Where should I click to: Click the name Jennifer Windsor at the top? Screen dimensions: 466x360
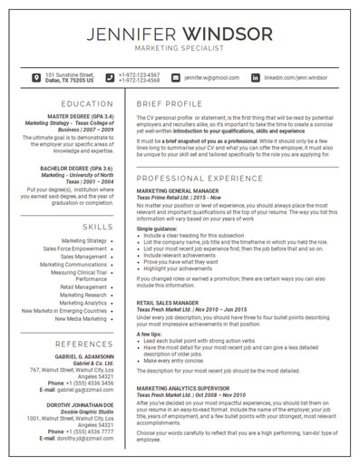tap(180, 34)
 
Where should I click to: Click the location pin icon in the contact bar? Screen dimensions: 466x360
tap(35, 78)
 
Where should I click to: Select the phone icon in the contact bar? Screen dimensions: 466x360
tap(110, 78)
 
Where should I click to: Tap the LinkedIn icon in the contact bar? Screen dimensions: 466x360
tap(255, 78)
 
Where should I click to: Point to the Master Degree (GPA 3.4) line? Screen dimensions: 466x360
tap(89, 116)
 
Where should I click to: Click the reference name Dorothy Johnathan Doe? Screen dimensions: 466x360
tap(89, 406)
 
